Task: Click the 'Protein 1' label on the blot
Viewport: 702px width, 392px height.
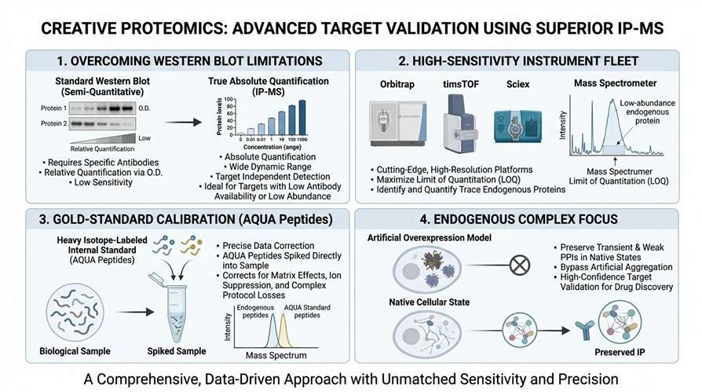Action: point(53,108)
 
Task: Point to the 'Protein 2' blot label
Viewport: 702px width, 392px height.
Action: point(53,123)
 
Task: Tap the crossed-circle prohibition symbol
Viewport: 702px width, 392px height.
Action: point(520,266)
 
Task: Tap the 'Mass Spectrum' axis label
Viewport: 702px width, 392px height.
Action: point(276,355)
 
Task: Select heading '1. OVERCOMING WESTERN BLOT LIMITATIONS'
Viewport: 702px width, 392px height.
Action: point(180,60)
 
